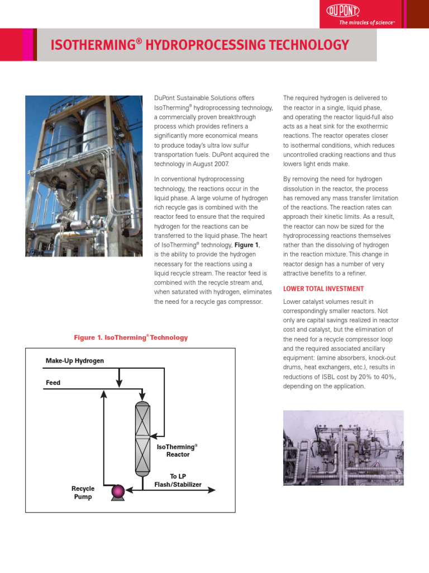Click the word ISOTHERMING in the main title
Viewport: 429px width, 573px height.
pyautogui.click(x=93, y=45)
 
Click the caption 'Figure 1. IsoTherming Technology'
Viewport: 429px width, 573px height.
pyautogui.click(x=131, y=337)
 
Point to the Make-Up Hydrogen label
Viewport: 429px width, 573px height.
pyautogui.click(x=75, y=361)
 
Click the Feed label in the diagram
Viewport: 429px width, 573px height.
pyautogui.click(x=53, y=383)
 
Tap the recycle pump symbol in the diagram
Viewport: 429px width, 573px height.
pyautogui.click(x=118, y=491)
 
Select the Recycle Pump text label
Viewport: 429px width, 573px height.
pyautogui.click(x=83, y=492)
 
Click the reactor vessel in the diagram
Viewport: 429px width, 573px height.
pyautogui.click(x=143, y=438)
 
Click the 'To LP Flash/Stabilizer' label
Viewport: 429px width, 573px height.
pyautogui.click(x=178, y=480)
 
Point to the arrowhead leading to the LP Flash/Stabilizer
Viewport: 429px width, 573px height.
pyautogui.click(x=212, y=490)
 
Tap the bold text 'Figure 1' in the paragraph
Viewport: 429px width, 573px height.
pyautogui.click(x=246, y=245)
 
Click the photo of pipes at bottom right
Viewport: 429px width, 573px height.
pyautogui.click(x=343, y=448)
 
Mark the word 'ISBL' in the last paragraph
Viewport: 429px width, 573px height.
pyautogui.click(x=330, y=377)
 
